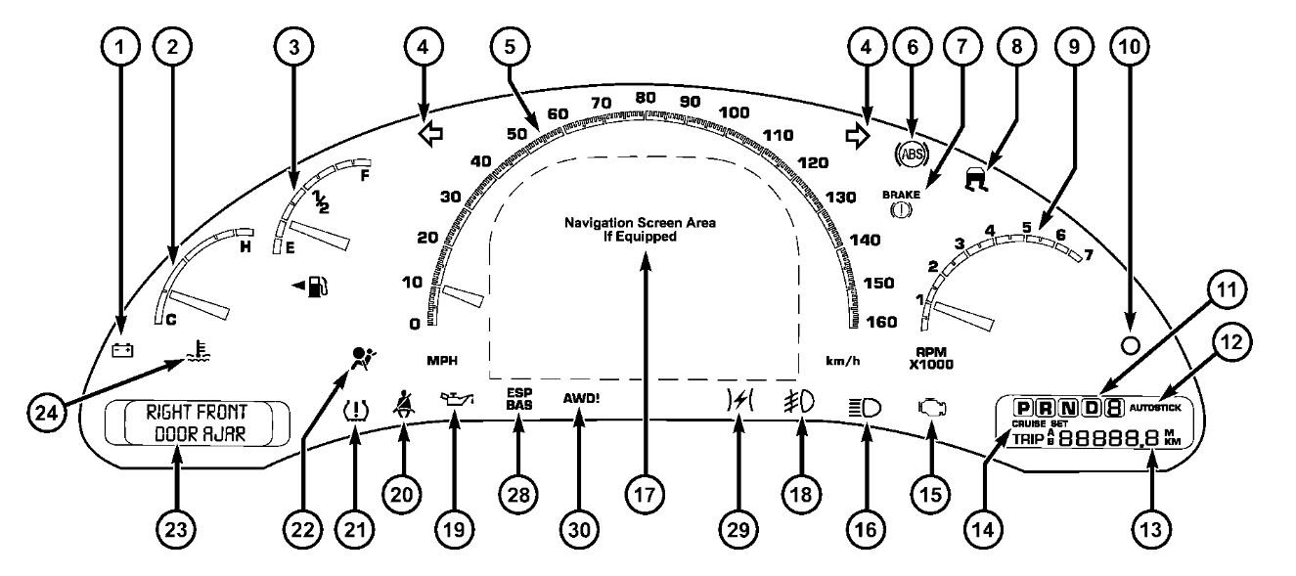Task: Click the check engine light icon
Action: pos(930,409)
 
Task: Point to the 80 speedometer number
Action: pos(645,98)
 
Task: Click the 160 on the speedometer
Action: pos(880,324)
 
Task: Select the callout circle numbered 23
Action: pos(176,529)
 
